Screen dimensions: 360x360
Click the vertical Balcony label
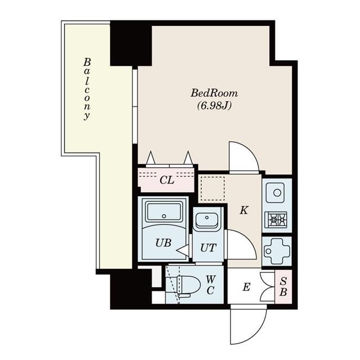pyautogui.click(x=87, y=88)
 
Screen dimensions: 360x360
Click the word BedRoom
pyautogui.click(x=214, y=93)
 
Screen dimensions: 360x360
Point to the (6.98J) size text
pyautogui.click(x=214, y=105)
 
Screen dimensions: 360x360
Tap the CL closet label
pyautogui.click(x=166, y=181)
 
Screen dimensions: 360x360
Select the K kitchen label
pyautogui.click(x=244, y=211)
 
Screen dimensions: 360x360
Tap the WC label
pyautogui.click(x=210, y=285)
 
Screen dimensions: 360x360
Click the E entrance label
pyautogui.click(x=246, y=287)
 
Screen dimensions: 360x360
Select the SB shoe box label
pyautogui.click(x=283, y=287)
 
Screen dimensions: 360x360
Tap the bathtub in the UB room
pyautogui.click(x=163, y=213)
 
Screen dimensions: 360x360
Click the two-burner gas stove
pyautogui.click(x=277, y=219)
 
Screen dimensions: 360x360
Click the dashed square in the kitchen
pyautogui.click(x=212, y=188)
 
